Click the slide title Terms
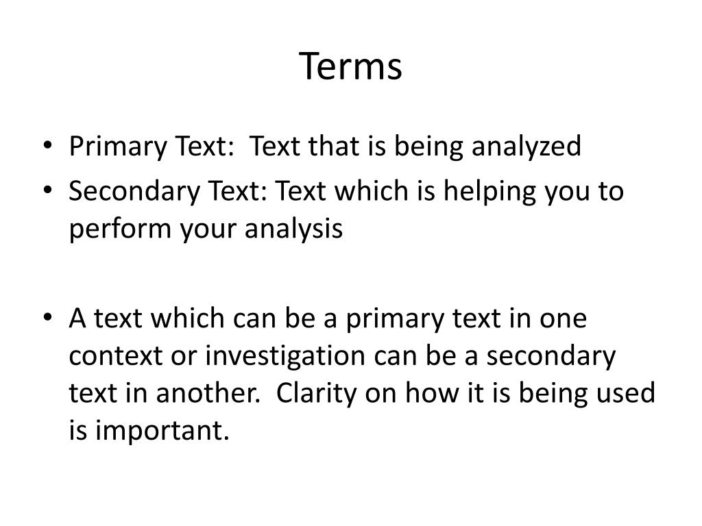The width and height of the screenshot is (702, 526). [x=350, y=66]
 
